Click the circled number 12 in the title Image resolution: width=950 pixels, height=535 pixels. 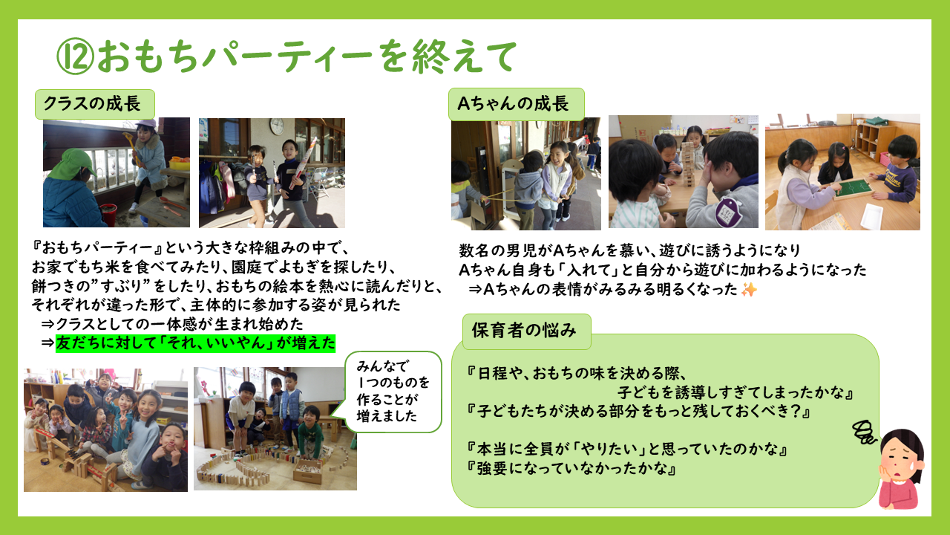pos(76,56)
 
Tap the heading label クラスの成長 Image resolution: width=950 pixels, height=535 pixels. pos(94,104)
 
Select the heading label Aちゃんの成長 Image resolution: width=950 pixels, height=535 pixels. pos(516,104)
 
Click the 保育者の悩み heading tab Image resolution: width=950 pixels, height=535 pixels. pos(526,331)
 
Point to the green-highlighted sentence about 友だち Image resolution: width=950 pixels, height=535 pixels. pos(195,343)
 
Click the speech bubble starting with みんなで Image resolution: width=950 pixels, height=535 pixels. pos(393,392)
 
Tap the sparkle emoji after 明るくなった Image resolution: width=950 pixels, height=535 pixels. pos(749,290)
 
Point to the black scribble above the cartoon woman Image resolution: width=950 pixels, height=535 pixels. pos(865,432)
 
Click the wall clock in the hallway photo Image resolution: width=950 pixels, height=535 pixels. pos(277,126)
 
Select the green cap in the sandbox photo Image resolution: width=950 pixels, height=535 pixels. pos(78,162)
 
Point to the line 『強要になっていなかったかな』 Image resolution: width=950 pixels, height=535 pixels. pos(571,468)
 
